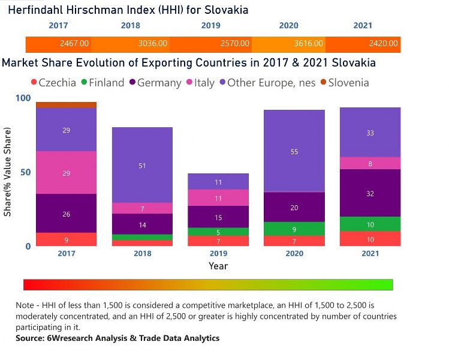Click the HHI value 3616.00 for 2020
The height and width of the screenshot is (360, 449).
(309, 44)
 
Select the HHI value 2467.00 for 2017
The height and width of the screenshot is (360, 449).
(74, 44)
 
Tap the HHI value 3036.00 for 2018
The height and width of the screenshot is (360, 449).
(153, 44)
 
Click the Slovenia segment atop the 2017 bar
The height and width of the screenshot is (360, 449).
(66, 105)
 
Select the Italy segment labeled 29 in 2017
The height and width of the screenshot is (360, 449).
(66, 173)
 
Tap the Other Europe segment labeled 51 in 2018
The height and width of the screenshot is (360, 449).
(143, 165)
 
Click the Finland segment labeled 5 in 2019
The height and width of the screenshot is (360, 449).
(218, 232)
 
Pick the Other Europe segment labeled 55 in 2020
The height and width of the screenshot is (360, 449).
(294, 151)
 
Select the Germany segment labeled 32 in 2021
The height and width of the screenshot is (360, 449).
(370, 193)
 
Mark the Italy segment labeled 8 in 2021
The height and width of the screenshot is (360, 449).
(370, 163)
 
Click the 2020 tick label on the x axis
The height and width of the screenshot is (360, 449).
(294, 254)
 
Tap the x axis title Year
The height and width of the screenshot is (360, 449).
(218, 266)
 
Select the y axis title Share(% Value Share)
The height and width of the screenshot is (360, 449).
(8, 172)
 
